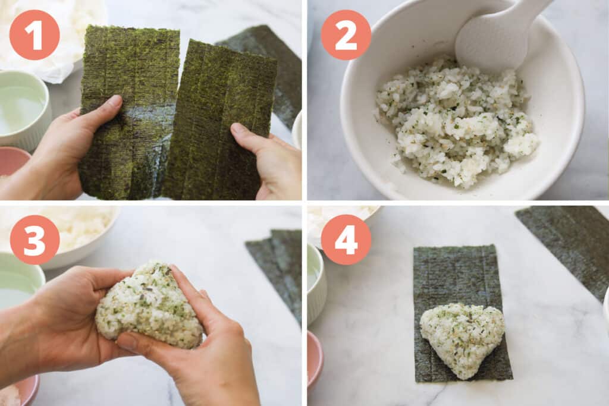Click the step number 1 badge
coord(34,35)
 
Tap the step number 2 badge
coord(346,35)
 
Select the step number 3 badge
coord(34,240)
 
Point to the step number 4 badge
coord(346,240)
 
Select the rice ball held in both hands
coord(149,305)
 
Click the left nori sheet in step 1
coord(128,112)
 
